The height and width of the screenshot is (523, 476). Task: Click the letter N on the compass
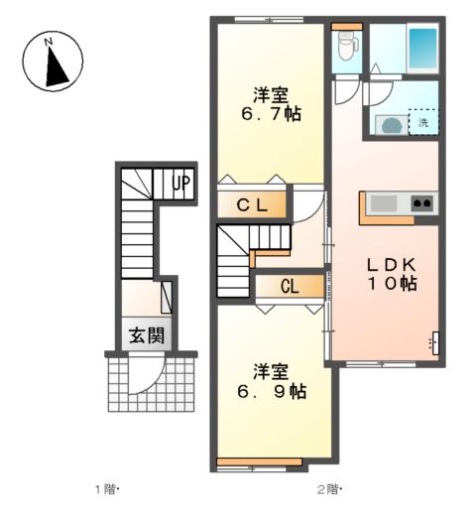point(49,42)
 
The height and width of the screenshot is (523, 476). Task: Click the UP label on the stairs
point(181,184)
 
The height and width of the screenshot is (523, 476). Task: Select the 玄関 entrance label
point(147,335)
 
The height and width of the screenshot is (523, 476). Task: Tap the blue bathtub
point(422,49)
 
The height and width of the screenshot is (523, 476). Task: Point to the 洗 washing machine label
point(423,122)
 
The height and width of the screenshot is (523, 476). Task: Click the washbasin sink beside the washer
point(392,125)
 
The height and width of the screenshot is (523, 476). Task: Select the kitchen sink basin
point(384,203)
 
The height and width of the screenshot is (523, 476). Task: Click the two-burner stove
point(422,202)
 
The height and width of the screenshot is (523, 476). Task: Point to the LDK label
point(392,265)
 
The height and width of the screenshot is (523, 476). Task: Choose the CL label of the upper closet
point(252,205)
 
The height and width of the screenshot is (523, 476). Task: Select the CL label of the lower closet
point(290,286)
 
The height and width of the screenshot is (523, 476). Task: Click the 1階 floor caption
point(107,489)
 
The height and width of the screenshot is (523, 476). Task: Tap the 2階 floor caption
point(329,489)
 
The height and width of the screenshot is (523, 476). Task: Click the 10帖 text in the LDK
point(392,284)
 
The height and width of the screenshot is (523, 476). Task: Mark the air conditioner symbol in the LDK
point(434,343)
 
